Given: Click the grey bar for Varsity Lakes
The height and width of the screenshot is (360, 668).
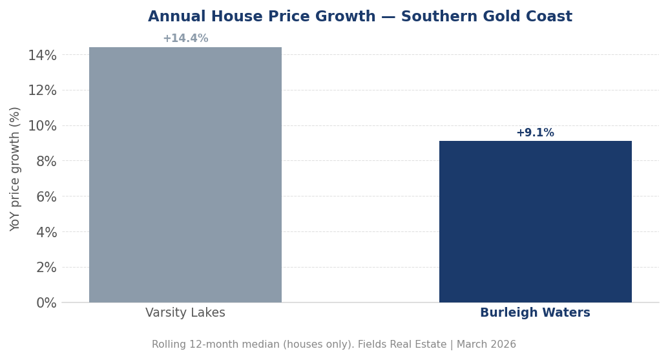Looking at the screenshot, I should (185, 175).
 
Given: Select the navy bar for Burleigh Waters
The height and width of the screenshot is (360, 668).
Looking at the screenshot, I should (535, 222).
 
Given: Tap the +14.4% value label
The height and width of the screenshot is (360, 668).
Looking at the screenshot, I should (185, 39).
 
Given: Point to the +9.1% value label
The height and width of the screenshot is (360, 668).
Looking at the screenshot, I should (535, 133).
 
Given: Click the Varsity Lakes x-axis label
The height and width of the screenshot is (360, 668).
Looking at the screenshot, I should (185, 313).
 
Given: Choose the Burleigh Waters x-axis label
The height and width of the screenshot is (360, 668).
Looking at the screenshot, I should (535, 313).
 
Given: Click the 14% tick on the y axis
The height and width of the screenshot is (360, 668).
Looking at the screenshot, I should (42, 56).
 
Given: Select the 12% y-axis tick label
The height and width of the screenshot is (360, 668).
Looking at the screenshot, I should (42, 90).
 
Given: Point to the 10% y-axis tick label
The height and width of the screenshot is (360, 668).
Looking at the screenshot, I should (42, 126).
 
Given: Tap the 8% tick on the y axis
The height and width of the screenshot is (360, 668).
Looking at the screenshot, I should (46, 162).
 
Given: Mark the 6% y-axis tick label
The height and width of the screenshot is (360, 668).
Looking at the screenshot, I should (46, 197).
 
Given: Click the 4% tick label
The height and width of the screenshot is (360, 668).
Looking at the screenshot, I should (46, 232).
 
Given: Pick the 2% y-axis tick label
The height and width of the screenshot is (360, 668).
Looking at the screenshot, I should (46, 268).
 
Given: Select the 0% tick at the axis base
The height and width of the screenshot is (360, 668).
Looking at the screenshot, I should (46, 303).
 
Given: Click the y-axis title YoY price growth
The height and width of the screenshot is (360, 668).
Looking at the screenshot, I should (16, 169).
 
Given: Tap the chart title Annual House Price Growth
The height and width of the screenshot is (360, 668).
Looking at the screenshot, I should (262, 17).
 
